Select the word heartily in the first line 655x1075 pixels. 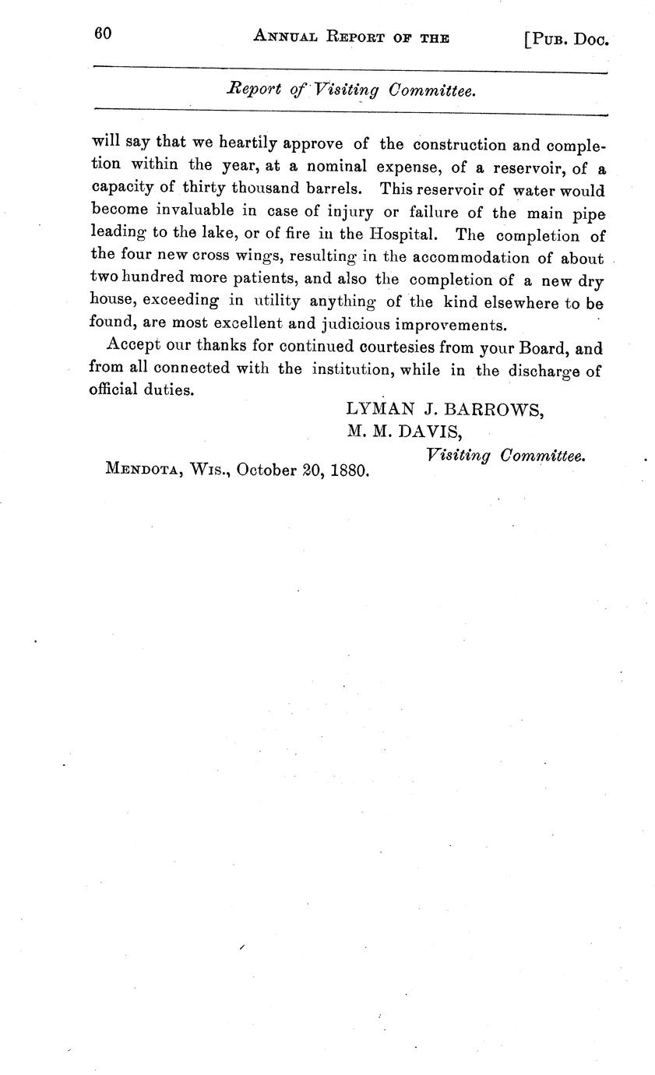[x=248, y=144]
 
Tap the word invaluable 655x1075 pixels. [x=199, y=211]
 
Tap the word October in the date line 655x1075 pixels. [x=264, y=470]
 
